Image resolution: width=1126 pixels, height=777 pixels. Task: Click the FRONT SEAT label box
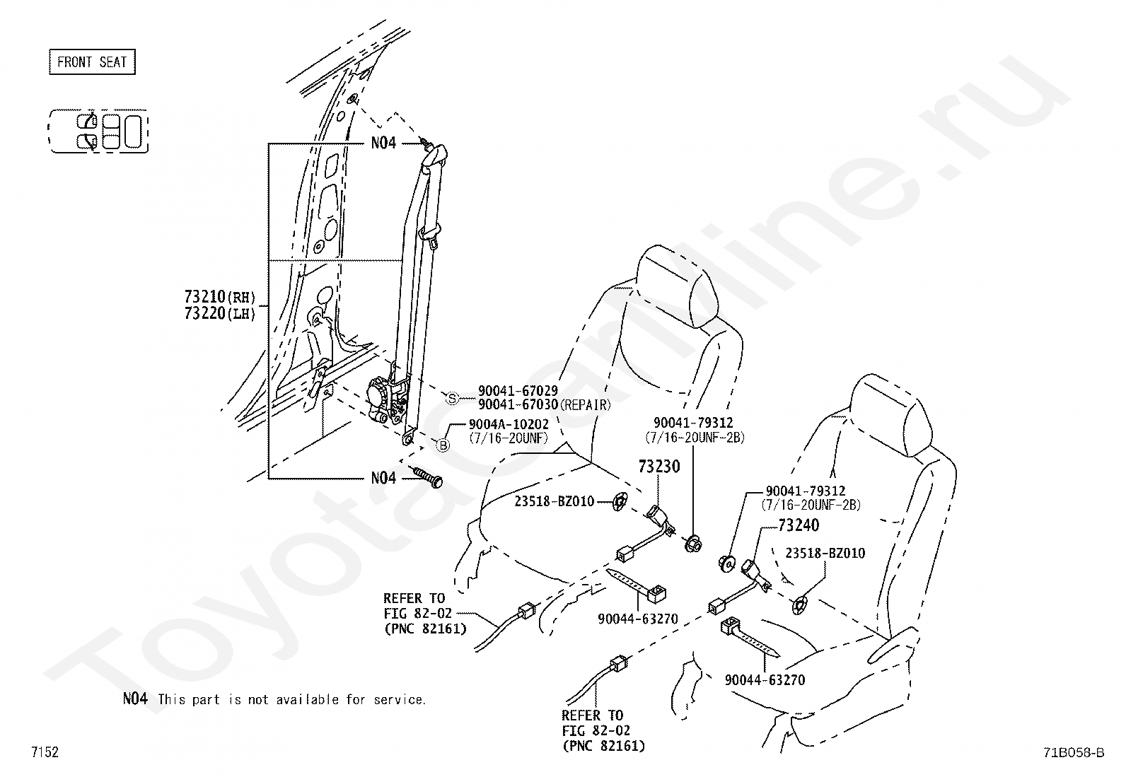tap(92, 62)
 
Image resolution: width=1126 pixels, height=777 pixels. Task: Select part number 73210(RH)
tap(219, 297)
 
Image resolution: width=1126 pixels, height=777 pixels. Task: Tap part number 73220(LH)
tap(219, 313)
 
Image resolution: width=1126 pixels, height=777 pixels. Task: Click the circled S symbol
tap(453, 398)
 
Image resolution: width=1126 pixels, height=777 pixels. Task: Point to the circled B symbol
tap(443, 445)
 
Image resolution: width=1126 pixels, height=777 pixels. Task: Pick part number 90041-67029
tap(518, 390)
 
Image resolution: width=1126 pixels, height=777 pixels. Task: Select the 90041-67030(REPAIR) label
tap(543, 404)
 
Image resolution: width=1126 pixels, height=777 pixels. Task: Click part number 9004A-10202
tap(508, 424)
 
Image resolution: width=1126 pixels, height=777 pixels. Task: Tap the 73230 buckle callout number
tap(658, 467)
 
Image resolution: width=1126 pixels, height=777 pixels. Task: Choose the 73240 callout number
tap(799, 525)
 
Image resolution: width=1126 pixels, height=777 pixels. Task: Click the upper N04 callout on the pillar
tap(383, 143)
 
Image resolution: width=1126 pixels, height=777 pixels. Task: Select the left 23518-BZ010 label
tap(554, 501)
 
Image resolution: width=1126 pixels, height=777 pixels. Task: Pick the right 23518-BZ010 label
tap(824, 553)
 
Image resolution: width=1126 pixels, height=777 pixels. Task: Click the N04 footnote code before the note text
tap(135, 699)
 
